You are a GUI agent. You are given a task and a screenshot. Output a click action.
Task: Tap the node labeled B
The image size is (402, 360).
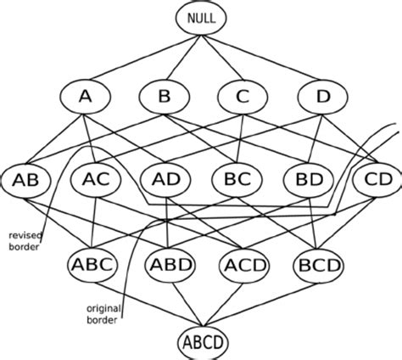click(165, 98)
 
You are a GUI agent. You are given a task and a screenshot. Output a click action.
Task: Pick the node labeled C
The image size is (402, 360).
click(243, 98)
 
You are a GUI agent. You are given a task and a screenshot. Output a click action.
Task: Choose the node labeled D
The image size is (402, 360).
click(324, 98)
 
